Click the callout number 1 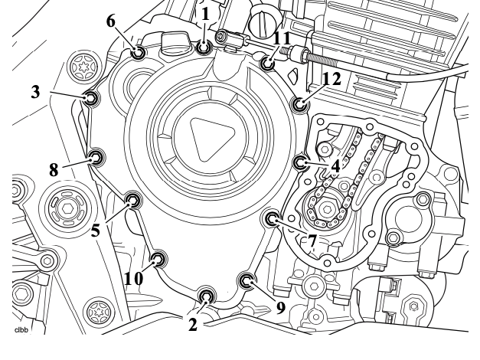(205, 14)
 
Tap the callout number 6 (111, 21)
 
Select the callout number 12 (331, 79)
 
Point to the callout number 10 (134, 279)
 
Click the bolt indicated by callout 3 (91, 98)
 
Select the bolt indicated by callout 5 (133, 201)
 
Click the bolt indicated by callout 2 (205, 296)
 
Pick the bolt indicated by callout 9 (247, 280)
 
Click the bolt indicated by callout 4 (300, 162)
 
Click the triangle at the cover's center (210, 139)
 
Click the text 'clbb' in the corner (21, 330)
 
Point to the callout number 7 (312, 241)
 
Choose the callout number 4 (335, 167)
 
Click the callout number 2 (193, 325)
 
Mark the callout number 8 (54, 170)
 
